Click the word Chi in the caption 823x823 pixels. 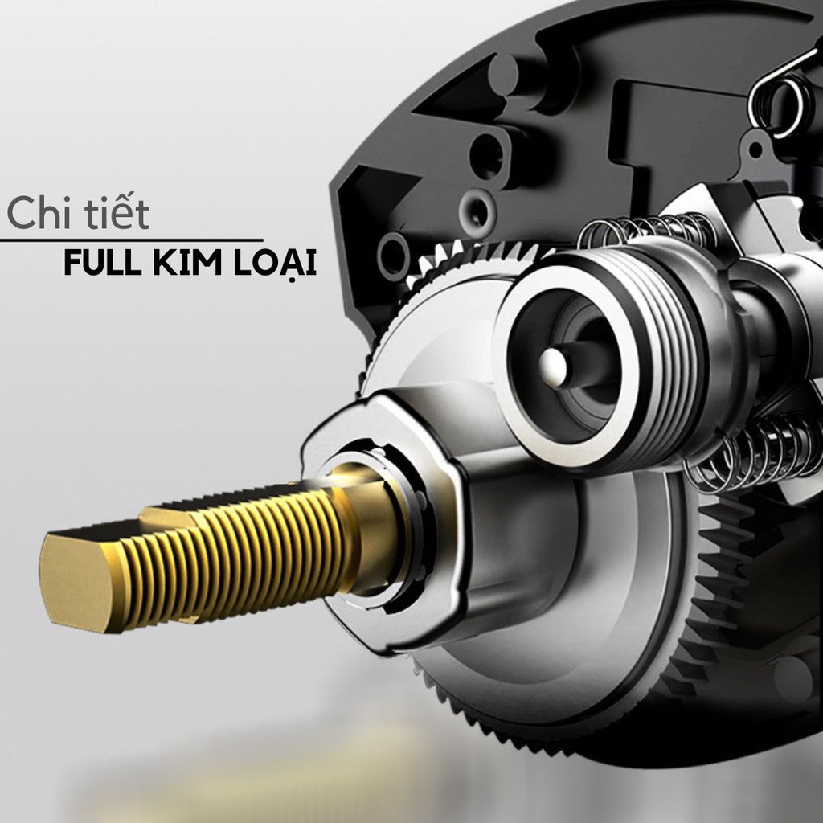(39, 212)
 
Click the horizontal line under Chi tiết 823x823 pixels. (131, 240)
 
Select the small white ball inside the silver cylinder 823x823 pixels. (553, 366)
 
